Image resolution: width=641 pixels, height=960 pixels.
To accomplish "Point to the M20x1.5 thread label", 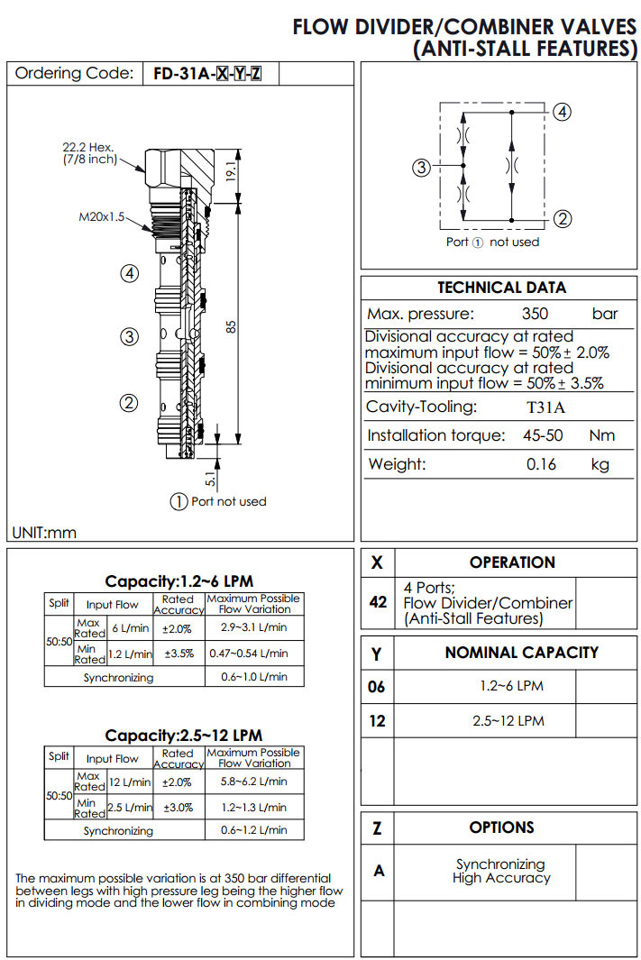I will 101,216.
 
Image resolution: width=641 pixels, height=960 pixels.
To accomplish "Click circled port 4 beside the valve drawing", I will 129,274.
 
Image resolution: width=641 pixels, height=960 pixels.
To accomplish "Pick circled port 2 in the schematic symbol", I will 563,218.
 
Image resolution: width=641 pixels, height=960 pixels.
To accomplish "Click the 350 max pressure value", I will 535,314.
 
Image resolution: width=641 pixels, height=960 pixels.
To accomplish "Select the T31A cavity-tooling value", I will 545,407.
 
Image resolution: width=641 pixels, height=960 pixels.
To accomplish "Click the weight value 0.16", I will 541,465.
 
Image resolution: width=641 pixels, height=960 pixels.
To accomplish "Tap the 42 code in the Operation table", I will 377,601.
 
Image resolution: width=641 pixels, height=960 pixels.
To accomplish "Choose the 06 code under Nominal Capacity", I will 377,687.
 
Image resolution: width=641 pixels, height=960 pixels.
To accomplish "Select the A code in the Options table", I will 379,871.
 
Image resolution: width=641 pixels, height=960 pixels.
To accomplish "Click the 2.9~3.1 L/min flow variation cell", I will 253,627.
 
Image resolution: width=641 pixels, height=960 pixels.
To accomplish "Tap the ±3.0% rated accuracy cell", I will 178,807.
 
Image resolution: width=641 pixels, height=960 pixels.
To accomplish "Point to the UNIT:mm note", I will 44,532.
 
